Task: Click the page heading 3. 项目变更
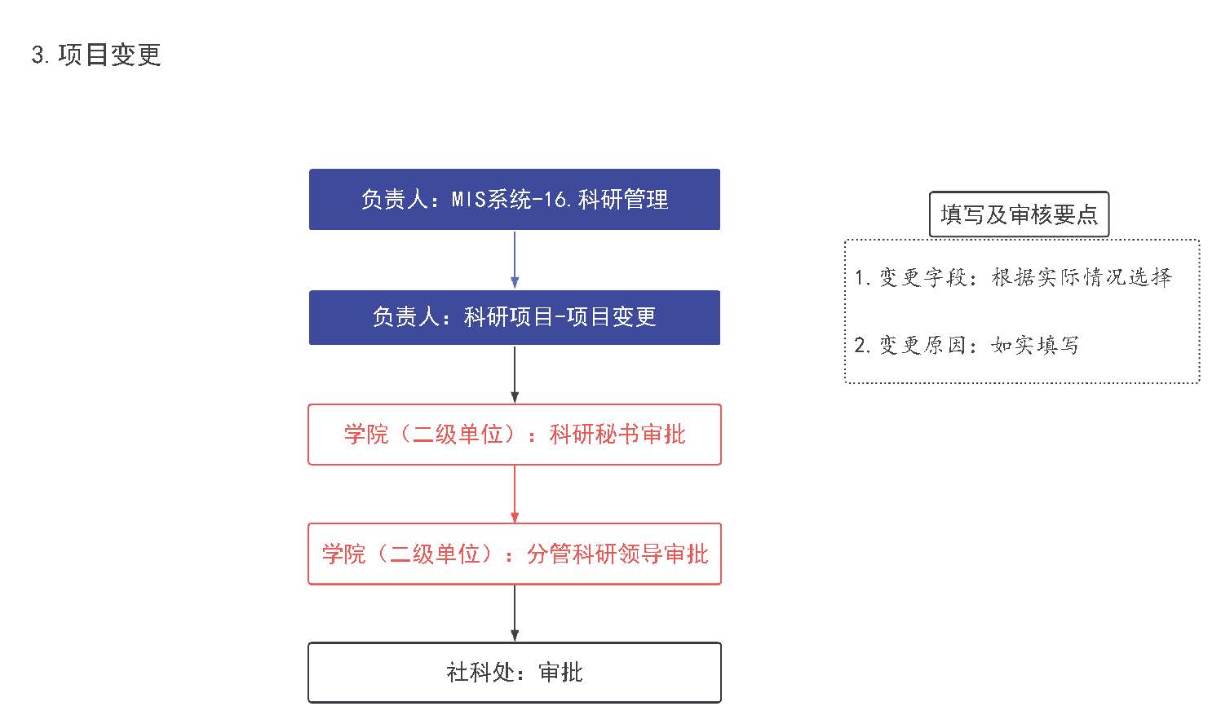point(96,55)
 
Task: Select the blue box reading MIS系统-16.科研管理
point(514,200)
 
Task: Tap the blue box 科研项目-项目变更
point(514,318)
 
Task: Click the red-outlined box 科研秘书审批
point(514,435)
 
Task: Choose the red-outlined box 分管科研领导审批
point(514,554)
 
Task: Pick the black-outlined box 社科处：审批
point(514,673)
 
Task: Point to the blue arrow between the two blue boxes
point(515,260)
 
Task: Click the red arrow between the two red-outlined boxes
point(515,494)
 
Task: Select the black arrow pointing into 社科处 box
point(515,613)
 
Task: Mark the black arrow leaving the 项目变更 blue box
point(515,374)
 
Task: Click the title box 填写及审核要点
point(1019,214)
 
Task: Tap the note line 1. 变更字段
point(1013,277)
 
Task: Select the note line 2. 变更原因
point(966,345)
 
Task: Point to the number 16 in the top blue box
point(555,200)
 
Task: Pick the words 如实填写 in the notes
point(1034,345)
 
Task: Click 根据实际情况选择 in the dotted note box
point(1082,277)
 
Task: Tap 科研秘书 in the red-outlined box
point(594,435)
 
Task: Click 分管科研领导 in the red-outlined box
point(595,554)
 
